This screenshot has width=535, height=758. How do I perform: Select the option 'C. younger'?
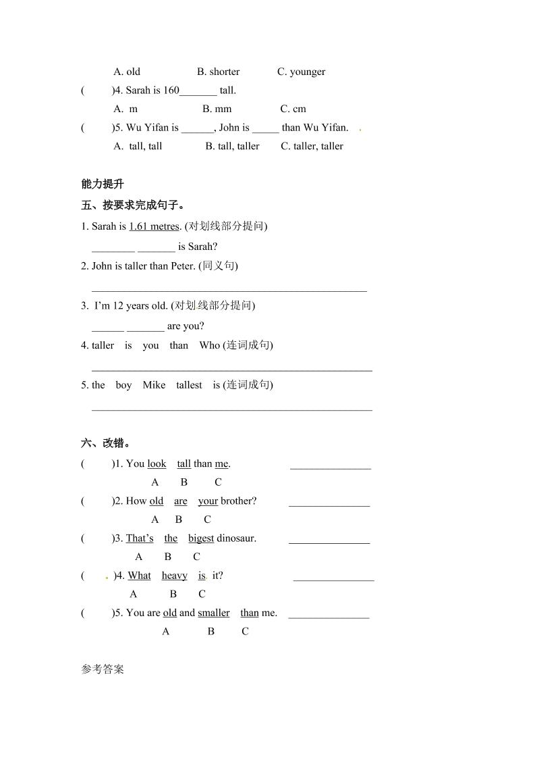click(301, 72)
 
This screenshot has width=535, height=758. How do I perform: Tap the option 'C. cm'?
click(293, 109)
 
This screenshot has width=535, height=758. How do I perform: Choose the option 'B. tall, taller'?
click(232, 146)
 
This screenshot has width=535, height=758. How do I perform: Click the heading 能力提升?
click(103, 184)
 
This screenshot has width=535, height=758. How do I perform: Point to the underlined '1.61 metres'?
click(154, 226)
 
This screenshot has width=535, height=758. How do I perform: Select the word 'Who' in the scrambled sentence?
click(210, 345)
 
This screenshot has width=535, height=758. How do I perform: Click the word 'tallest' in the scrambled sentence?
click(189, 385)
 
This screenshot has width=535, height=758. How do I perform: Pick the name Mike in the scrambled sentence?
click(154, 385)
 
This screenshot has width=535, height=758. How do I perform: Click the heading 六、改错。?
click(106, 443)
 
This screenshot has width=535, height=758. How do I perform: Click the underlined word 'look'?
click(157, 463)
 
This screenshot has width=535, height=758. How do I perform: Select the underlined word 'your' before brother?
click(208, 501)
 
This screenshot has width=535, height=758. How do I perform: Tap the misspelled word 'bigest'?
click(201, 538)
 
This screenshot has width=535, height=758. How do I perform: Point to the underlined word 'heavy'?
click(174, 576)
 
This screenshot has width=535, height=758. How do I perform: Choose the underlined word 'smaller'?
click(213, 613)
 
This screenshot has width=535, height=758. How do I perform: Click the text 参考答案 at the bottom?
click(103, 669)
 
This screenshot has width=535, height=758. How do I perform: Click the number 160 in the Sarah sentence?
click(171, 90)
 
